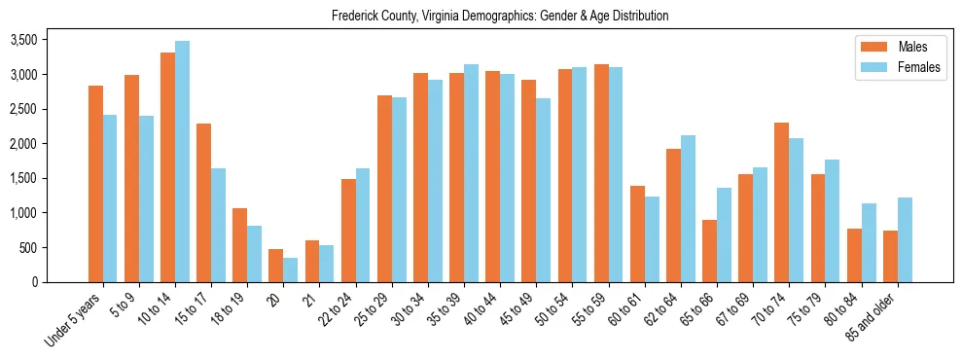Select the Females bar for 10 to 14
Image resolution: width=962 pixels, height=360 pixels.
tap(182, 162)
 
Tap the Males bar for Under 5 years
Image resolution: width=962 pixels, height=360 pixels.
tap(95, 184)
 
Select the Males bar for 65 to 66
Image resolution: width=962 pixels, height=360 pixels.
tap(709, 251)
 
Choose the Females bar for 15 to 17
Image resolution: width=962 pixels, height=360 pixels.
tap(218, 225)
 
